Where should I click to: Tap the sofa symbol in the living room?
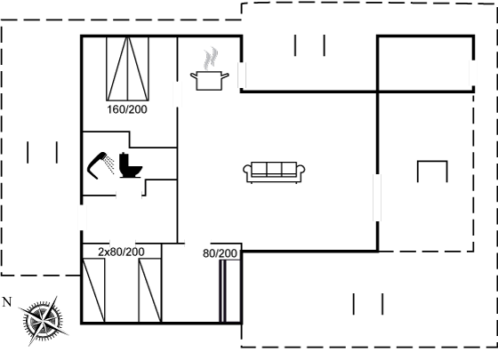click(274, 172)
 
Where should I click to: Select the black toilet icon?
click(130, 165)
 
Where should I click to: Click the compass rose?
click(43, 321)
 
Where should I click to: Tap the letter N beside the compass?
click(7, 302)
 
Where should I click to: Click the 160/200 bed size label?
click(127, 109)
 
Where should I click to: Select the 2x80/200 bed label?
click(121, 252)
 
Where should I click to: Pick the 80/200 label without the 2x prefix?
click(220, 253)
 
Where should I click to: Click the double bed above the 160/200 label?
click(127, 68)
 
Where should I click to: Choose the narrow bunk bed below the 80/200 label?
click(230, 291)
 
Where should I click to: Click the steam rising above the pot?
click(211, 58)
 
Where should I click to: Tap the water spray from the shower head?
click(110, 164)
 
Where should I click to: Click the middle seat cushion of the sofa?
click(274, 169)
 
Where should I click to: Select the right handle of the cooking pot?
click(225, 76)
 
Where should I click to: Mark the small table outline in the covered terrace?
click(432, 162)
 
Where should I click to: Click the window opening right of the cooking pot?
click(242, 75)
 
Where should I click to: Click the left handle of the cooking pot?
click(194, 76)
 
